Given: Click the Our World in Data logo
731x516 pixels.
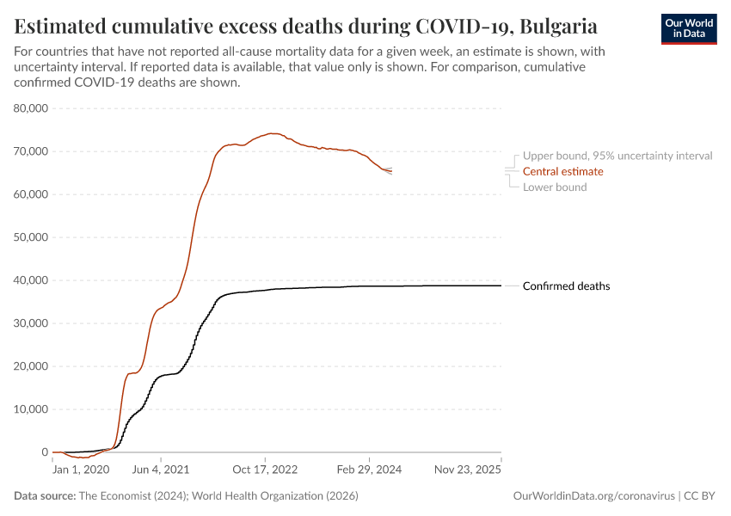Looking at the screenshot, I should click(x=688, y=28).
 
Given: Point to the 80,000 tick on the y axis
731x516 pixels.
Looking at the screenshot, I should click(x=31, y=108).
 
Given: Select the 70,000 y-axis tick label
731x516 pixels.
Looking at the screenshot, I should click(x=31, y=151).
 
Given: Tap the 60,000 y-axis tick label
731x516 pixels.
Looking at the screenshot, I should click(x=31, y=194).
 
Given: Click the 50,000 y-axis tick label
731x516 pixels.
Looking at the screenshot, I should click(x=31, y=237).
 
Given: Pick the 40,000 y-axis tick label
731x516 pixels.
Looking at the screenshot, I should click(x=31, y=280).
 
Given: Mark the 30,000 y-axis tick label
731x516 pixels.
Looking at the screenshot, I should click(x=31, y=323).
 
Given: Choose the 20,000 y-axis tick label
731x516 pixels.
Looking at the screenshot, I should click(x=31, y=366).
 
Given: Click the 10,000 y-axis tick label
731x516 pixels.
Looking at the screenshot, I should click(x=31, y=409).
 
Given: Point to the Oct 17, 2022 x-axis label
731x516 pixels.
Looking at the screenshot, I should click(x=264, y=470).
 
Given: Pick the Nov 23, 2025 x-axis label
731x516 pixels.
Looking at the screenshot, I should click(x=467, y=470).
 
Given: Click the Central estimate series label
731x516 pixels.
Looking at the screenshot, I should click(x=562, y=171).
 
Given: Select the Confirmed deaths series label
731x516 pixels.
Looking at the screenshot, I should click(x=566, y=286).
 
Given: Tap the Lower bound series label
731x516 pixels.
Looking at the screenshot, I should click(x=555, y=187).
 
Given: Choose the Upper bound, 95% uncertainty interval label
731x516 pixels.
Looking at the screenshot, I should click(x=617, y=156).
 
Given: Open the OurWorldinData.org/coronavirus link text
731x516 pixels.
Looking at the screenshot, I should click(x=593, y=496).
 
